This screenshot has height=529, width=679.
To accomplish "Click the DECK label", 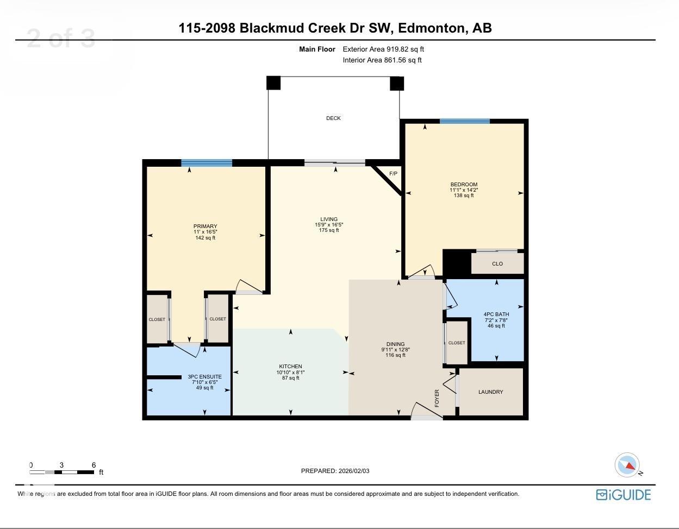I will pyautogui.click(x=333, y=118).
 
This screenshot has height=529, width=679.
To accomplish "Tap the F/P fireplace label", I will pyautogui.click(x=393, y=174).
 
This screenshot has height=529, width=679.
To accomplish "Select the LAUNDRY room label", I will pyautogui.click(x=490, y=392).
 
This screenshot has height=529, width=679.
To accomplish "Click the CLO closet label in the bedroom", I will pyautogui.click(x=497, y=264).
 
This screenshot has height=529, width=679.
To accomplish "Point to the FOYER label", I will pyautogui.click(x=437, y=398).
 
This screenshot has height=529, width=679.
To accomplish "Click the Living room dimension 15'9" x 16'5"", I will pyautogui.click(x=329, y=225).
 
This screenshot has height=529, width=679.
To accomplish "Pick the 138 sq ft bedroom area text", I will pyautogui.click(x=464, y=196).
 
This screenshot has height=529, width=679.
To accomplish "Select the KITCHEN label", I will pyautogui.click(x=290, y=367).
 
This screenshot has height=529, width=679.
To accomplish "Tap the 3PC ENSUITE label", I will pyautogui.click(x=204, y=377).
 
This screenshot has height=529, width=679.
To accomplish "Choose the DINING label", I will pyautogui.click(x=395, y=344).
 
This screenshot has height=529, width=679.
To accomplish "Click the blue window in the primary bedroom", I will pyautogui.click(x=207, y=163).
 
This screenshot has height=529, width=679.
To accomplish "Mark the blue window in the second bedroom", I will pyautogui.click(x=465, y=121).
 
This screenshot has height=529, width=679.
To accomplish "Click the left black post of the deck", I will pyautogui.click(x=273, y=83).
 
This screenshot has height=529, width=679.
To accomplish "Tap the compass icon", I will pyautogui.click(x=627, y=465).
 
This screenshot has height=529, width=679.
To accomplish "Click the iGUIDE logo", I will pyautogui.click(x=623, y=495).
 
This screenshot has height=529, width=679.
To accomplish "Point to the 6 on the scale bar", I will pyautogui.click(x=94, y=465).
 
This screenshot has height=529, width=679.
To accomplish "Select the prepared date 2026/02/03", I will pyautogui.click(x=353, y=471).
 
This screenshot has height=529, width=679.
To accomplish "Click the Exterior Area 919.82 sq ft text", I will pyautogui.click(x=383, y=49).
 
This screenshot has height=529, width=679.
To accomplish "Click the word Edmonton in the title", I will pyautogui.click(x=432, y=28).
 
